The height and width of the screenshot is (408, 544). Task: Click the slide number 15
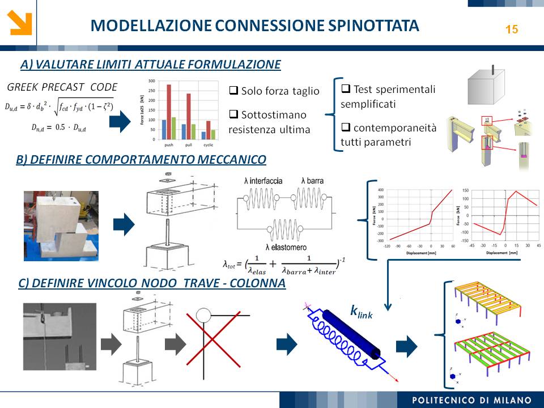511,29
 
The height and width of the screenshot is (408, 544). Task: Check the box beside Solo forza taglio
233,90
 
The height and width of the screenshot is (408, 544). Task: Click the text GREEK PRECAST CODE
62,87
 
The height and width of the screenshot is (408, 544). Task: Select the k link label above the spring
361,311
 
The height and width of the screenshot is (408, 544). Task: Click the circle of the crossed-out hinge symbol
203,314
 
